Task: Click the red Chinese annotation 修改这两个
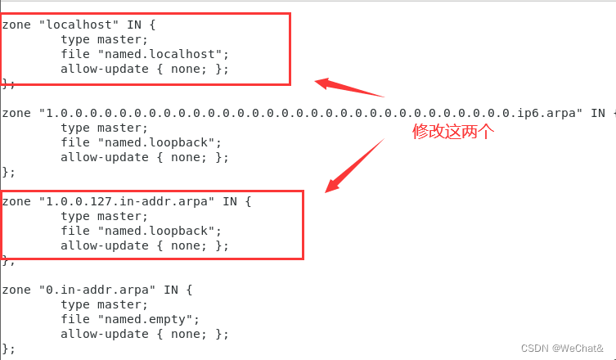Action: [x=453, y=132]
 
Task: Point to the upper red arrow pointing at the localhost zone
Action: [x=349, y=88]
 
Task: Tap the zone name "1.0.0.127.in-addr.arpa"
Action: [x=128, y=201]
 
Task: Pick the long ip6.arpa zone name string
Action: [x=311, y=113]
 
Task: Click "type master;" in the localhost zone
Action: [x=105, y=39]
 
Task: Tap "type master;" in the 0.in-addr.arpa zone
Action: [x=105, y=304]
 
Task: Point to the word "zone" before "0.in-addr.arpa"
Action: [x=16, y=290]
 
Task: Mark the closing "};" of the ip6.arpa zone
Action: [x=9, y=172]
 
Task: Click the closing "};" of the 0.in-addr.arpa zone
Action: [x=9, y=349]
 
